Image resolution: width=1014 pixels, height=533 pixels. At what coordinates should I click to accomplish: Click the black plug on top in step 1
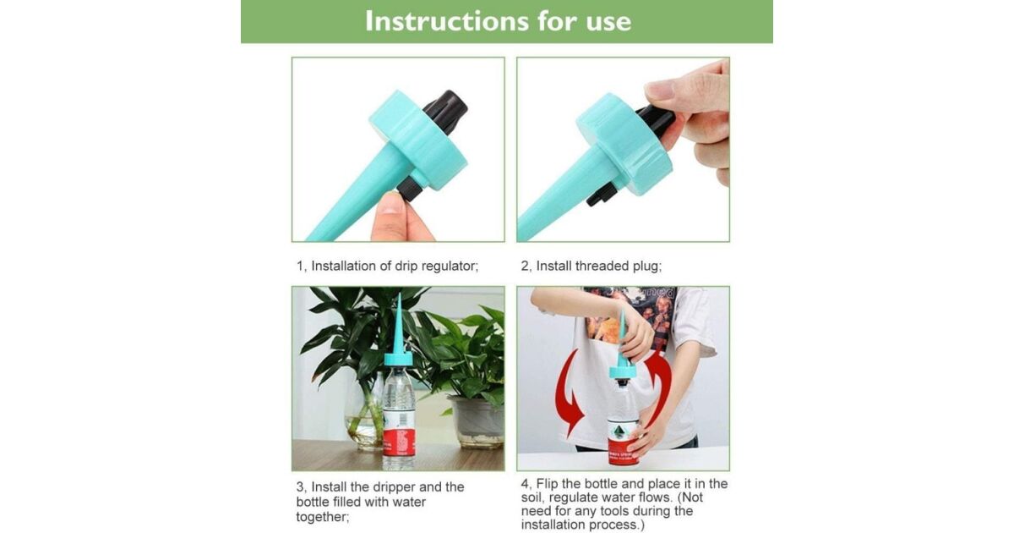(445, 109)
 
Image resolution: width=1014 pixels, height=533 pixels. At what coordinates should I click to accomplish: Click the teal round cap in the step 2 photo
(623, 144)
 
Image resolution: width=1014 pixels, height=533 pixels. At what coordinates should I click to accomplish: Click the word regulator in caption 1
(450, 266)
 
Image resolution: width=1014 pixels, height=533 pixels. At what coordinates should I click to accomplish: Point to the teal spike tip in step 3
(399, 294)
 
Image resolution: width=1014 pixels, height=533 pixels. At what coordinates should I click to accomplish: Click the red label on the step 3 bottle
(398, 443)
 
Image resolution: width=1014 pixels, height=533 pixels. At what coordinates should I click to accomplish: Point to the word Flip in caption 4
(548, 484)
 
